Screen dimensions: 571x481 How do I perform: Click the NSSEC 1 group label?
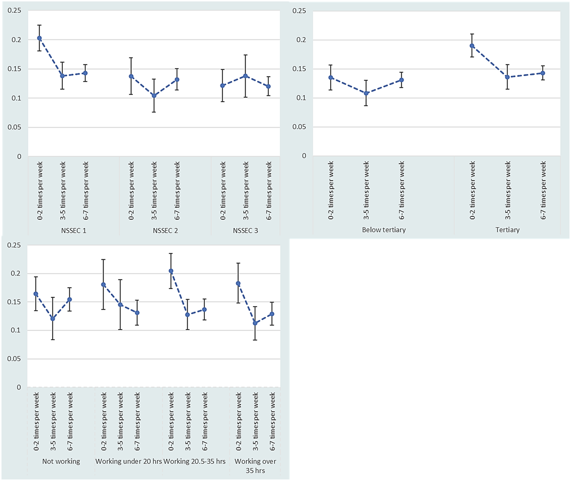pyautogui.click(x=74, y=231)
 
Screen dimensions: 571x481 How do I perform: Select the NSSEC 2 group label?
pyautogui.click(x=165, y=231)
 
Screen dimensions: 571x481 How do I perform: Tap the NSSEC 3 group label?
pyautogui.click(x=245, y=231)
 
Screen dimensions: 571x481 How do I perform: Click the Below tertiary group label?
pyautogui.click(x=384, y=230)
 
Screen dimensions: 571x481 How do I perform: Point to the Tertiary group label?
pyautogui.click(x=508, y=230)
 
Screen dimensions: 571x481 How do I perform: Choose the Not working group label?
pyautogui.click(x=61, y=461)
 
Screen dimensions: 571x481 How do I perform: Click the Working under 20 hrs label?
pyautogui.click(x=129, y=461)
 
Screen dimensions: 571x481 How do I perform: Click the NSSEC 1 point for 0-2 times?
pyautogui.click(x=39, y=38)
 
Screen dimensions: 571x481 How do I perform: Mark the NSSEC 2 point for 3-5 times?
pyautogui.click(x=154, y=96)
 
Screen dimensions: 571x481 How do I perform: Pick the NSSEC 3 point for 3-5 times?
pyautogui.click(x=246, y=76)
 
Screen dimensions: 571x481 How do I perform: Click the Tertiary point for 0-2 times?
pyautogui.click(x=472, y=46)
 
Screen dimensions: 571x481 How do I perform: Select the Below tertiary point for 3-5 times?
pyautogui.click(x=366, y=93)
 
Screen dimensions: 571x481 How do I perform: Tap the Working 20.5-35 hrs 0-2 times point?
pyautogui.click(x=171, y=271)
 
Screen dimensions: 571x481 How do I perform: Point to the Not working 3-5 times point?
pyautogui.click(x=53, y=318)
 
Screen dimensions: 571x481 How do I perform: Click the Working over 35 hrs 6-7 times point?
pyautogui.click(x=272, y=314)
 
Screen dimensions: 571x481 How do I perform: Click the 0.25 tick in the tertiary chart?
pyautogui.click(x=299, y=11)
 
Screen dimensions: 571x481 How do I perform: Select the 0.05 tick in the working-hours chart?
pyautogui.click(x=14, y=359)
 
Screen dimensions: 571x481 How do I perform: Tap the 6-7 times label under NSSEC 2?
pyautogui.click(x=177, y=191)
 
